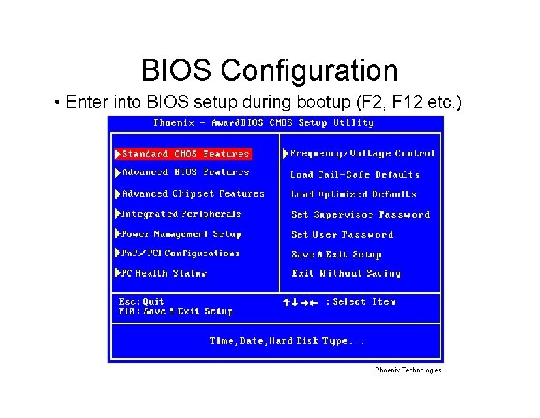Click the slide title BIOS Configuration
pyautogui.click(x=269, y=70)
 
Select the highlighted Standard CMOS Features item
pyautogui.click(x=185, y=154)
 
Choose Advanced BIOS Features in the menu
pyautogui.click(x=185, y=173)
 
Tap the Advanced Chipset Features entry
pyautogui.click(x=193, y=194)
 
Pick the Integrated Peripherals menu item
pyautogui.click(x=181, y=214)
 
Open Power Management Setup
pyautogui.click(x=181, y=234)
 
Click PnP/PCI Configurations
pyautogui.click(x=181, y=253)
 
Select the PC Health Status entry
pyautogui.click(x=164, y=273)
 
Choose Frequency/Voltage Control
pyautogui.click(x=362, y=154)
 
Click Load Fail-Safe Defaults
pyautogui.click(x=355, y=175)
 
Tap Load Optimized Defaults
pyautogui.click(x=353, y=194)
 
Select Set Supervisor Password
pyautogui.click(x=360, y=214)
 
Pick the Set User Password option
pyautogui.click(x=342, y=234)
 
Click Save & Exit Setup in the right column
pyautogui.click(x=336, y=254)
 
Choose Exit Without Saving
pyautogui.click(x=346, y=273)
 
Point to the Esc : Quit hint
pyautogui.click(x=141, y=301)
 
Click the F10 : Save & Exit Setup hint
pyautogui.click(x=175, y=311)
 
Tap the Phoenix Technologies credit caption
pyautogui.click(x=408, y=370)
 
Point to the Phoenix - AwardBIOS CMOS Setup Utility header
pyautogui.click(x=263, y=123)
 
